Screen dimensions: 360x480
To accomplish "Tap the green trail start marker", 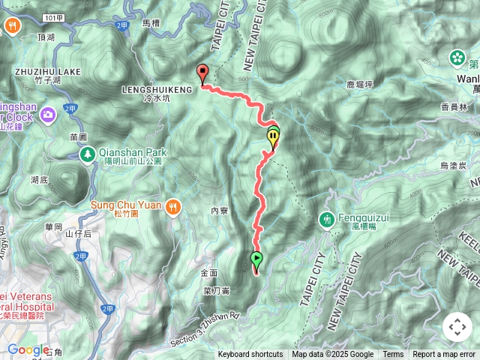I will (x=256, y=260).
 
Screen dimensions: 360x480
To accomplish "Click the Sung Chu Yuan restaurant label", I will (x=127, y=203).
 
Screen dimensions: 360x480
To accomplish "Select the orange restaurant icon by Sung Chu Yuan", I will (x=174, y=205).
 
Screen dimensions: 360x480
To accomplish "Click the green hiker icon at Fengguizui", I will (x=325, y=219).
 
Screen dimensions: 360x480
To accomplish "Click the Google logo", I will (x=28, y=349).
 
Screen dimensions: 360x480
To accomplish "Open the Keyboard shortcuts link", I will (x=250, y=355).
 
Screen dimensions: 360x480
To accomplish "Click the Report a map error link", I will (x=444, y=355).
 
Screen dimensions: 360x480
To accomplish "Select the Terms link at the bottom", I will (x=393, y=355).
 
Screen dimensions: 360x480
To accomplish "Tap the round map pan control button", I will (x=457, y=327).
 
